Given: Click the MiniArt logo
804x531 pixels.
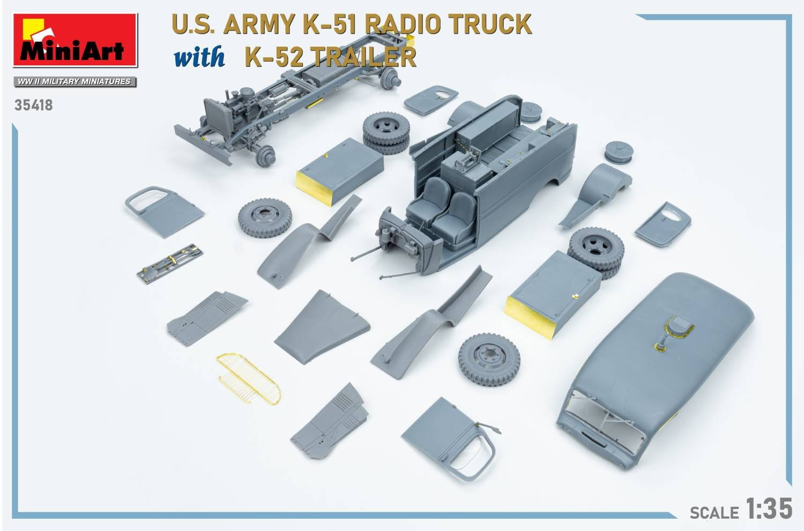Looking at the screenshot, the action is pyautogui.click(x=75, y=40).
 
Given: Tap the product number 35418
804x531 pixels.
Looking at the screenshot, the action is pyautogui.click(x=34, y=105).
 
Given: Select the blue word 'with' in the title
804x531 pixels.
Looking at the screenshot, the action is pyautogui.click(x=199, y=57).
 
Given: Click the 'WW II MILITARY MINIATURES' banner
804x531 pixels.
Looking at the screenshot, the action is pyautogui.click(x=75, y=82).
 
